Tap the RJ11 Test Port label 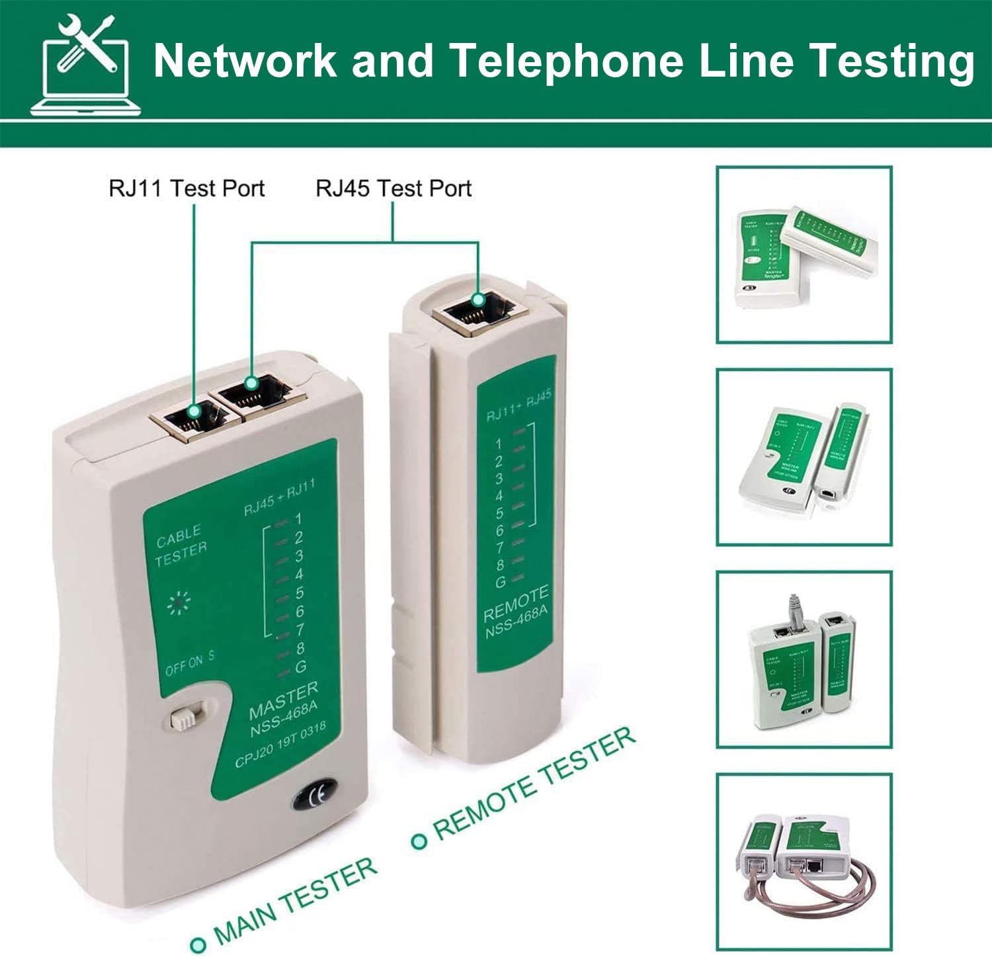point(186,188)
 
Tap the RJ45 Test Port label point(393,188)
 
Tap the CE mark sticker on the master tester point(315,794)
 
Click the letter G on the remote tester point(501,582)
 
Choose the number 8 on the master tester point(300,648)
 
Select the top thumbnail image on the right point(804,255)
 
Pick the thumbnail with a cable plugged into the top point(804,659)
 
